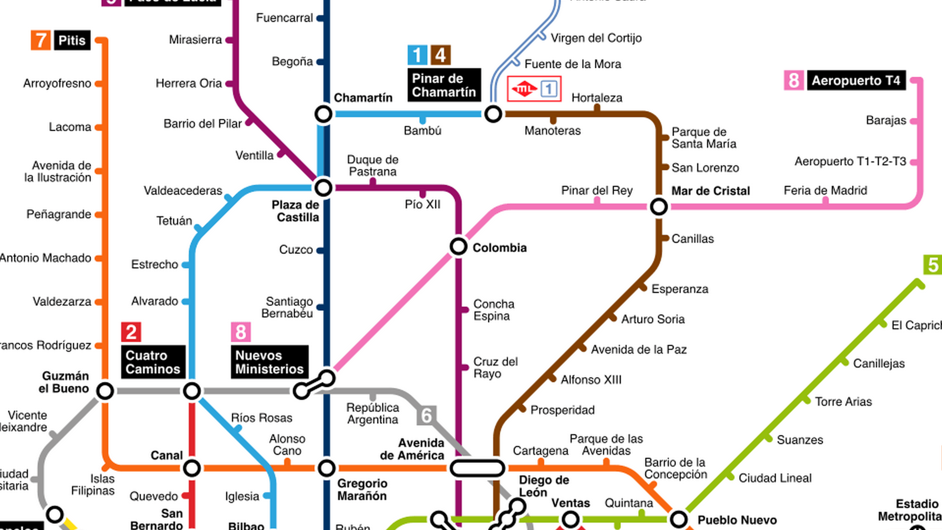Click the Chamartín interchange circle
click(323, 114)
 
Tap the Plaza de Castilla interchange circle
click(323, 187)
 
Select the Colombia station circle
click(458, 246)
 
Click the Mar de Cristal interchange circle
click(659, 207)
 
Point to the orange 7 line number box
click(41, 40)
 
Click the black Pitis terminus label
click(72, 40)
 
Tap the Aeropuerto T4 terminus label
click(856, 80)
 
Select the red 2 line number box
click(131, 332)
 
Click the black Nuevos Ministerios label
click(269, 362)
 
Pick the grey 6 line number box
click(426, 416)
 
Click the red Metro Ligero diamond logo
click(523, 89)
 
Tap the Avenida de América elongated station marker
click(477, 468)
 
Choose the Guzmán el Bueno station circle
click(105, 391)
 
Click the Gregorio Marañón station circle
click(326, 468)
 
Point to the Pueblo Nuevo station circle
click(679, 519)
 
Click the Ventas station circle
click(570, 519)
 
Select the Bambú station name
click(422, 131)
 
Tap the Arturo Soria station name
click(653, 319)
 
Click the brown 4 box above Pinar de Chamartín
click(441, 55)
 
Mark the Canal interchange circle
click(192, 468)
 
